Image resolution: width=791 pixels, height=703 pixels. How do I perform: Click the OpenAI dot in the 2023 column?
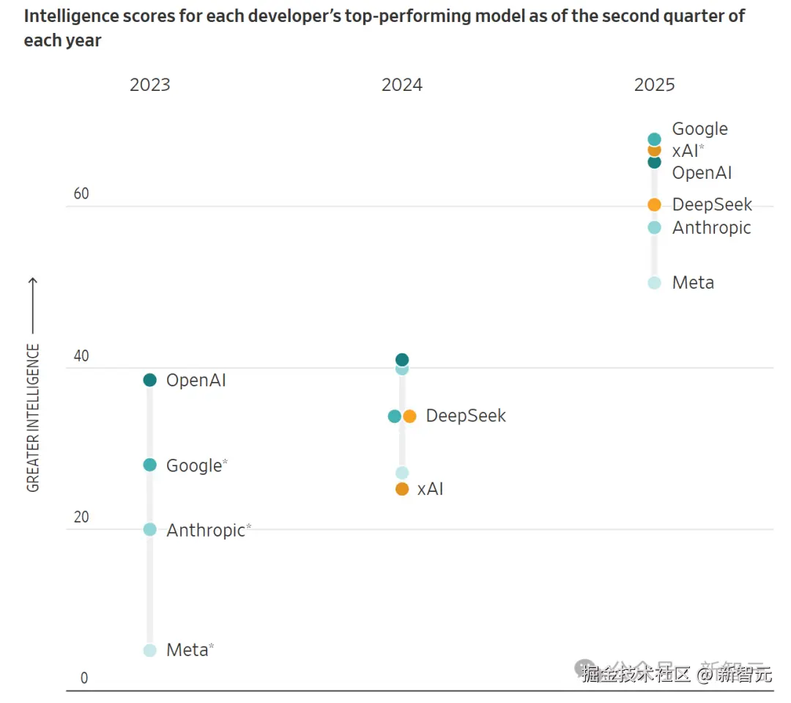[149, 380]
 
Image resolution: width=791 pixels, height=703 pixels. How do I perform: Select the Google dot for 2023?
[149, 465]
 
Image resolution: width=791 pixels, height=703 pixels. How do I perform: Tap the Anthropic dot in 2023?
[149, 529]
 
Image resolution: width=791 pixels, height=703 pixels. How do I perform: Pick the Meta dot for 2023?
[149, 650]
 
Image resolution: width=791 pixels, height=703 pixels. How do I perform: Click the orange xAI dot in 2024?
[401, 489]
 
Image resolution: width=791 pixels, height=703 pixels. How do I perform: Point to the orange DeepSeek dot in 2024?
[409, 416]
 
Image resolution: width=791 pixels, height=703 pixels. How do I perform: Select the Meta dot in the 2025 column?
[654, 283]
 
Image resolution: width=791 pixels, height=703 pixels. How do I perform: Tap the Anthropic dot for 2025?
[654, 228]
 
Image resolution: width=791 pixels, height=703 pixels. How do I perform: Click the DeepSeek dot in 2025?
[654, 205]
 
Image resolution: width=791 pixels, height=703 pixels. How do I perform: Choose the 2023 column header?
[149, 85]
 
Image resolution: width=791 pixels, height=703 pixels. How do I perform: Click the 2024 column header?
[401, 85]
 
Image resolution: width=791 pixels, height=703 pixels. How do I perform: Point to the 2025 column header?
[654, 85]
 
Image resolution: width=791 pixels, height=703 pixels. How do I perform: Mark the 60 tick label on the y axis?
[81, 194]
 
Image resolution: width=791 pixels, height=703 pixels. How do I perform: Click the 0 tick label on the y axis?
[83, 679]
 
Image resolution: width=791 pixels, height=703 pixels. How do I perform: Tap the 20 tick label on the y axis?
[81, 518]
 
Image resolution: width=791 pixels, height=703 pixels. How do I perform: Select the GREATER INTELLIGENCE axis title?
[34, 418]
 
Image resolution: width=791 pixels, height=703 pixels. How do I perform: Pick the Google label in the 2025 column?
[699, 129]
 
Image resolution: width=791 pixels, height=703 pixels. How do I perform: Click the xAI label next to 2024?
[430, 489]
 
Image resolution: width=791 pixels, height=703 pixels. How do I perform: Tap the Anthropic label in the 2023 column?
[205, 530]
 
